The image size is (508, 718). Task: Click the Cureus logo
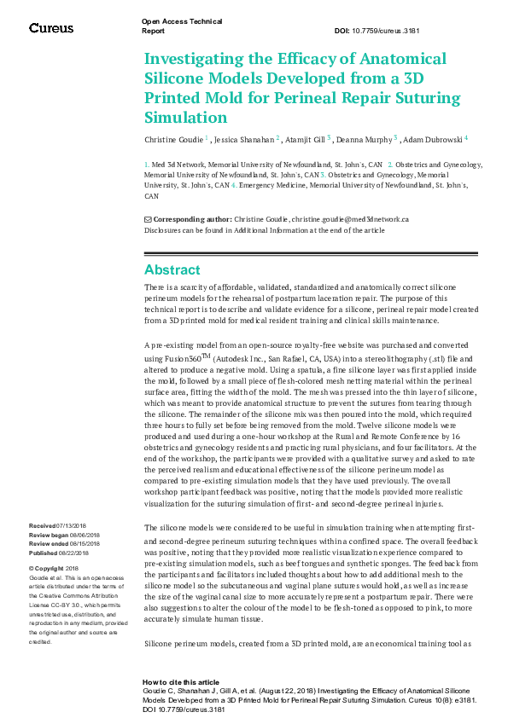[51, 28]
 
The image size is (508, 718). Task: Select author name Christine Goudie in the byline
[173, 138]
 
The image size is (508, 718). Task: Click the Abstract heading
[172, 269]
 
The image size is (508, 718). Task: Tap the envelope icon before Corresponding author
[148, 219]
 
